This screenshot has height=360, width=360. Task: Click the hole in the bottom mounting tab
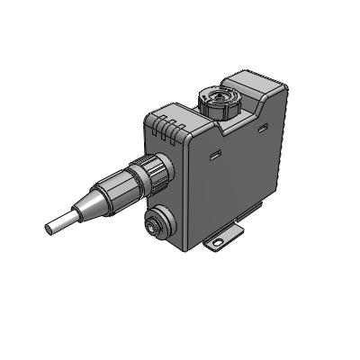tap(217, 244)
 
